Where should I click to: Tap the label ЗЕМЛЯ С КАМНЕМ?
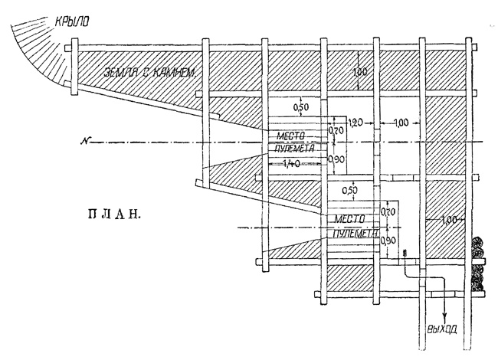click(x=146, y=73)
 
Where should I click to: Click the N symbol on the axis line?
click(x=92, y=141)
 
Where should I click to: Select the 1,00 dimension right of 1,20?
click(x=400, y=123)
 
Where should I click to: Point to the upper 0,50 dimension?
click(x=301, y=107)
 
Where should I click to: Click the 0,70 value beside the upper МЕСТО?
click(x=336, y=131)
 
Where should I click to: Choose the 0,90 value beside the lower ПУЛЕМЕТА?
click(x=390, y=241)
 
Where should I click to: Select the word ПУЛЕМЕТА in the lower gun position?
click(x=352, y=233)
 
